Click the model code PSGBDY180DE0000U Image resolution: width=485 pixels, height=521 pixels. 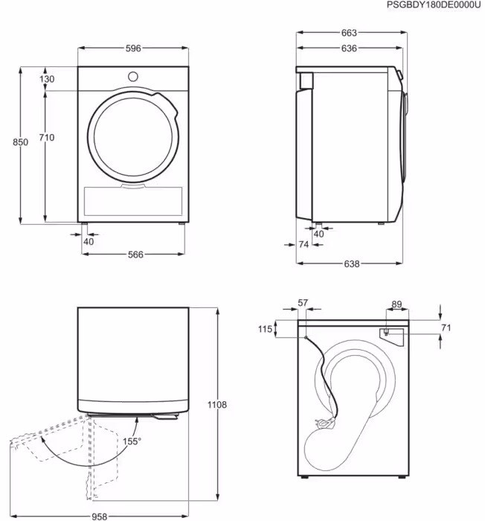click(x=434, y=5)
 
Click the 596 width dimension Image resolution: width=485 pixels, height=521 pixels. click(x=133, y=48)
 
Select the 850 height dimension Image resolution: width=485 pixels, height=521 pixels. click(x=21, y=142)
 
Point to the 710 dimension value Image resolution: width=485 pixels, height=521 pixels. click(x=47, y=137)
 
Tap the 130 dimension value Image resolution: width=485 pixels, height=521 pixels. click(x=47, y=79)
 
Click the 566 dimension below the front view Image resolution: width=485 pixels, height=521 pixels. click(x=135, y=255)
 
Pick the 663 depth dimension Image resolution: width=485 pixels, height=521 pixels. click(x=349, y=33)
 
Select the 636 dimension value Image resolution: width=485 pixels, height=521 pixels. click(x=349, y=48)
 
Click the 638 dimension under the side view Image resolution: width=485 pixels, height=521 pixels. click(x=351, y=263)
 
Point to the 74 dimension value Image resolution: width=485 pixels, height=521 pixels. click(x=303, y=245)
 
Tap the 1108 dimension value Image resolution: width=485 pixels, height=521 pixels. click(x=217, y=405)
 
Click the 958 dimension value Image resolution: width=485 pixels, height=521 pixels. click(x=100, y=517)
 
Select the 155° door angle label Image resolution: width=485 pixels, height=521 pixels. click(x=132, y=441)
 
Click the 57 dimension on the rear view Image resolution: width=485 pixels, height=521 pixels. click(x=303, y=303)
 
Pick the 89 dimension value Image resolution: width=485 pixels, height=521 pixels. click(x=396, y=304)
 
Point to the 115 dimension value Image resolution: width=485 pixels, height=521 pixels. click(x=265, y=329)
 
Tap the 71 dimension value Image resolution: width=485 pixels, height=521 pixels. click(x=446, y=328)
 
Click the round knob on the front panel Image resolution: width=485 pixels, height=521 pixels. click(x=133, y=77)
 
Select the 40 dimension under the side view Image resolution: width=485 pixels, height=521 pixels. click(x=318, y=234)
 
